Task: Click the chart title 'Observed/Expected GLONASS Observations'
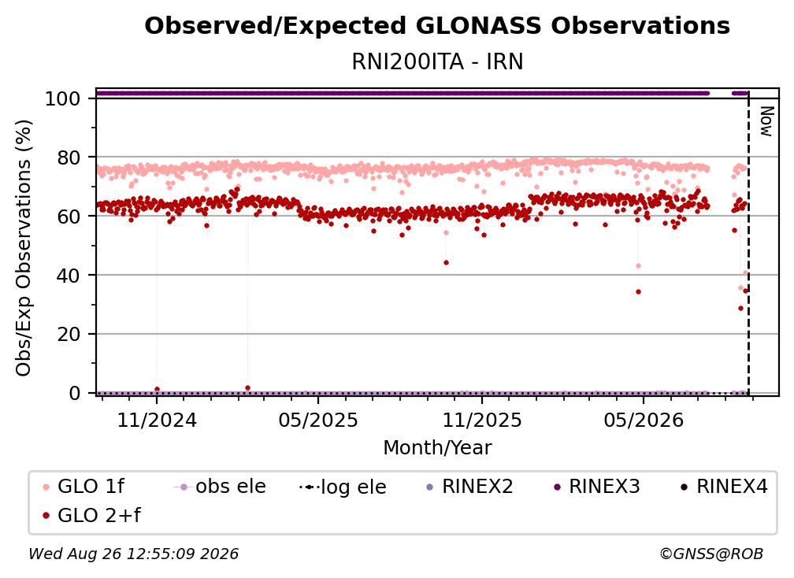point(437,26)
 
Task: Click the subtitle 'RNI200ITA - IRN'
point(437,61)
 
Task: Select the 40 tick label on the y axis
point(69,276)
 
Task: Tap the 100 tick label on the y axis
point(63,98)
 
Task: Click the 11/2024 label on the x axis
point(157,420)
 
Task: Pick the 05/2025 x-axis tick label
point(318,420)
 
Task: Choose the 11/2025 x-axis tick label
point(482,420)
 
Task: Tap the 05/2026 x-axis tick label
point(644,420)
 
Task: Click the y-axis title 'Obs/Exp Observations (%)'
point(24,247)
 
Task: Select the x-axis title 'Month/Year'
point(437,447)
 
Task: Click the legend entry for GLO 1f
point(83,487)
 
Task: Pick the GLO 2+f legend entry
point(91,515)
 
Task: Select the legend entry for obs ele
point(219,487)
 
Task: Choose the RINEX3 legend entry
point(596,487)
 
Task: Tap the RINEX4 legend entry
point(724,487)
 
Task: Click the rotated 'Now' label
point(766,121)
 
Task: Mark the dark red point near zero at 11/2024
point(157,389)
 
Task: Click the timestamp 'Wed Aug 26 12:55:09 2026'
point(133,554)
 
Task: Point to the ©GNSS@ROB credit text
point(711,554)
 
